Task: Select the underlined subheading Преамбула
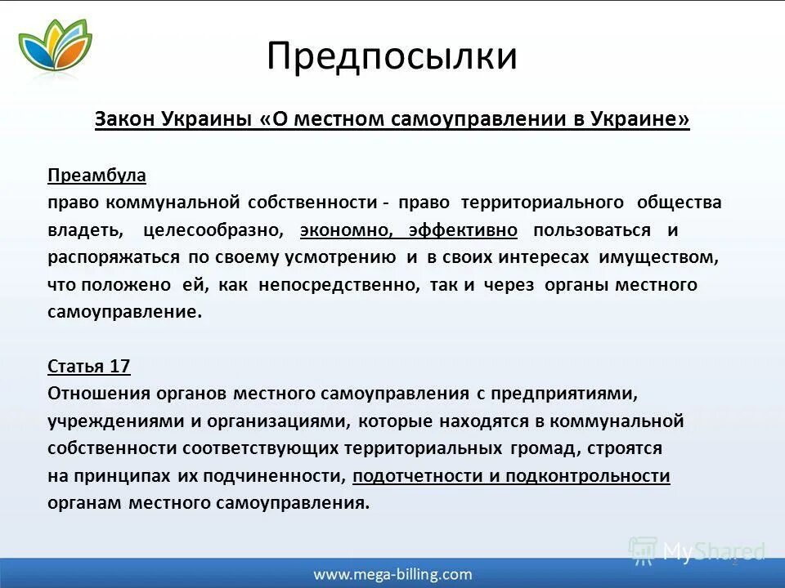[x=96, y=175]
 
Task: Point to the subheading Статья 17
[x=89, y=366]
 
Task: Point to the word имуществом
[x=659, y=257]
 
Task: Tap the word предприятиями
[x=563, y=394]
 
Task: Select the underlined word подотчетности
[x=424, y=476]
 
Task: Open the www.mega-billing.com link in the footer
[x=392, y=574]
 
